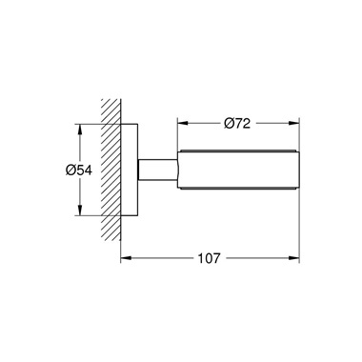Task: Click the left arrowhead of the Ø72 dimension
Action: pos(180,124)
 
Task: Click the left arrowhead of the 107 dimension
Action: pos(122,257)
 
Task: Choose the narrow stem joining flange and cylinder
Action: pos(156,171)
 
